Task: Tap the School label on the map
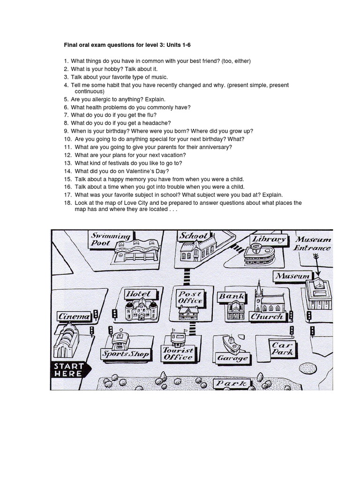(x=193, y=236)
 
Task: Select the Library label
(x=269, y=240)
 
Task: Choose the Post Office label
(x=190, y=297)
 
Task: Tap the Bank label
(x=232, y=296)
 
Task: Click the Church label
(x=267, y=316)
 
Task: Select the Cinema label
(x=74, y=316)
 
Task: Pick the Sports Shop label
(x=126, y=354)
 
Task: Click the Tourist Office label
(x=178, y=353)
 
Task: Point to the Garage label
(x=232, y=358)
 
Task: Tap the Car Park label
(x=283, y=348)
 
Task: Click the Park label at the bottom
(x=231, y=384)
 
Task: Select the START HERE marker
(x=68, y=370)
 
